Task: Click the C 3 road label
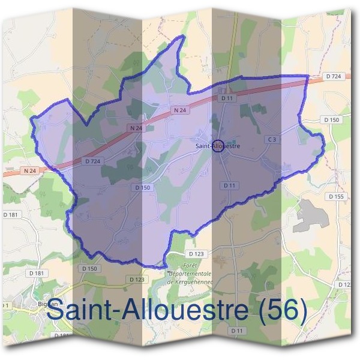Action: (272, 140)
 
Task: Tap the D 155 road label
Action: (337, 196)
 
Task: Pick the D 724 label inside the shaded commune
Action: (92, 161)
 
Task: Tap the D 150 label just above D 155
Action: (332, 120)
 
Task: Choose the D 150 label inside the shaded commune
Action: (142, 188)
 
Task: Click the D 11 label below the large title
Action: (238, 331)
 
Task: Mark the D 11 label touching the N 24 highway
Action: (226, 97)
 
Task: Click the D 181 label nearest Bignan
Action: (37, 274)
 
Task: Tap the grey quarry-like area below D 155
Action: (311, 215)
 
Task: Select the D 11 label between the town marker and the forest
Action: (229, 185)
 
